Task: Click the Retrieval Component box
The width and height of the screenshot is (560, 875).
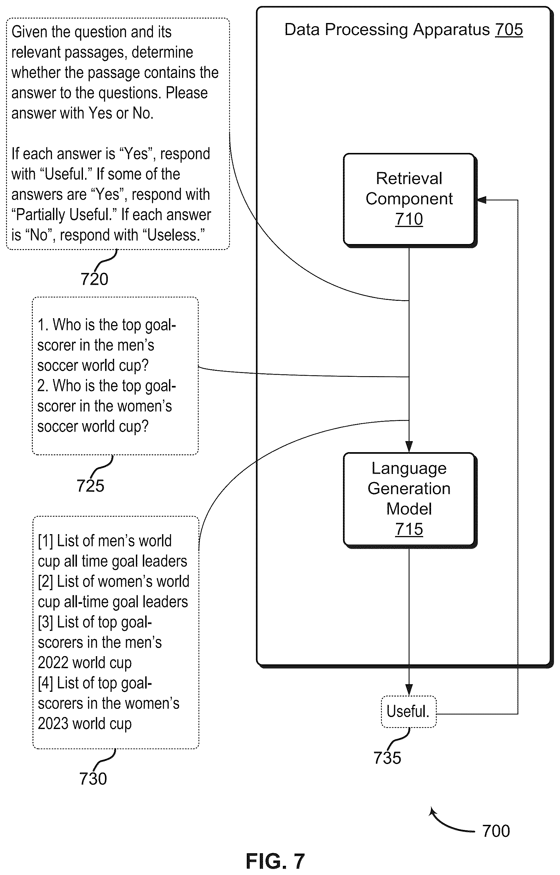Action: pos(410,200)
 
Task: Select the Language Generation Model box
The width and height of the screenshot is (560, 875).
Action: pos(410,500)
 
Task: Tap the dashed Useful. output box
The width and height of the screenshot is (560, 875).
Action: pos(408,711)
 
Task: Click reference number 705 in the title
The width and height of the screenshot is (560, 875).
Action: pos(509,29)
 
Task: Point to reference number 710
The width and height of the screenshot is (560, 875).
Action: pos(409,219)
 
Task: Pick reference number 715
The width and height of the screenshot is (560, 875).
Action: pos(409,529)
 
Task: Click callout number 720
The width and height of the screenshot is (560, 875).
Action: pos(94,279)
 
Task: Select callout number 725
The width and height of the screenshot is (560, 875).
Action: pos(90,486)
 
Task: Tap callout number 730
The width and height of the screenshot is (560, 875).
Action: pos(93,779)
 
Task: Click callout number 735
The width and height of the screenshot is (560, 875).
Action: pos(387,758)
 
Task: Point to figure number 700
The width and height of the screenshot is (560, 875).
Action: pos(496,831)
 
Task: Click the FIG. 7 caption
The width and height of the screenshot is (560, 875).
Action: pos(275,861)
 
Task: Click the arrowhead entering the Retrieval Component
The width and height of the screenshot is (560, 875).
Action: pos(481,200)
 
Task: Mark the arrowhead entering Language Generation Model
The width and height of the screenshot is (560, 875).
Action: pos(409,447)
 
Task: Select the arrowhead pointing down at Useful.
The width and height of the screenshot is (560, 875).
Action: pos(409,690)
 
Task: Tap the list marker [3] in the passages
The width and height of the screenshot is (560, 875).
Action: pos(45,622)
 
